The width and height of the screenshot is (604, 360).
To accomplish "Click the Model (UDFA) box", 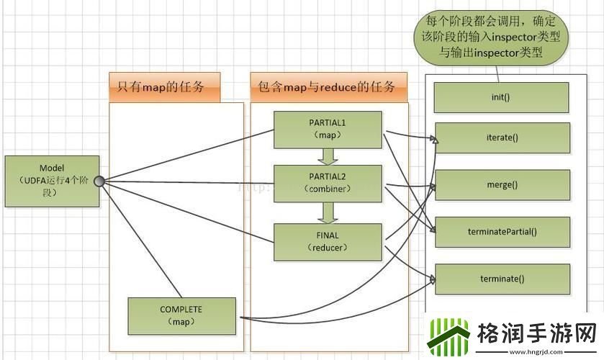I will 51,180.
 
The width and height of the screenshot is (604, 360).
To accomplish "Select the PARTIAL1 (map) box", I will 328,128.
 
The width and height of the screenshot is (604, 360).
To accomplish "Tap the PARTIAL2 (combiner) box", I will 328,183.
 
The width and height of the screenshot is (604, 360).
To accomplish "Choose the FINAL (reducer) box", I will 328,241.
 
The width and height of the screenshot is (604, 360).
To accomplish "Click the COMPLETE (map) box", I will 181,315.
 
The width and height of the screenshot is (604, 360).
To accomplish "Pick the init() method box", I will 502,96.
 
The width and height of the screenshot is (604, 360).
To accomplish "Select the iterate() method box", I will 502,137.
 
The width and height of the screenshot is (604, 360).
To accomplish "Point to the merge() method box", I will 502,184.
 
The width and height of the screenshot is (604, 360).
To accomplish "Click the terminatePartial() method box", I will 502,231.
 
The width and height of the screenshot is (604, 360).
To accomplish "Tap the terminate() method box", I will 502,279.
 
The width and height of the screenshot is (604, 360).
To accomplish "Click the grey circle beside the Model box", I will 100,181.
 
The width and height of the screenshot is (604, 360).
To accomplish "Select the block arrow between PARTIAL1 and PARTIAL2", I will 328,156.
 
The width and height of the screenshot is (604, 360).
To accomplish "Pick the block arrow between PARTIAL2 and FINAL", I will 328,212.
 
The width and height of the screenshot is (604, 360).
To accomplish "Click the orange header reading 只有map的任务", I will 164,88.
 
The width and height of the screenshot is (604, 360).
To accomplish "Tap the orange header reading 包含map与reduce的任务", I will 327,88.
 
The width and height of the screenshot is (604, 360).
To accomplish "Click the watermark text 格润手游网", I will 536,333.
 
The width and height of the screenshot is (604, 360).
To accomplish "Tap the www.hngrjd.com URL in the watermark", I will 537,352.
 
